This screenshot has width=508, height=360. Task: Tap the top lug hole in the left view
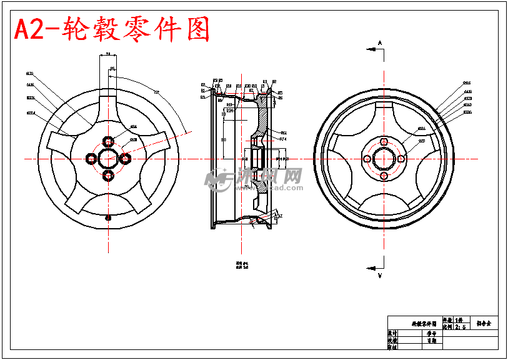click(x=107, y=140)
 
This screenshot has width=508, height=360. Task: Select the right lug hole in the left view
click(x=125, y=158)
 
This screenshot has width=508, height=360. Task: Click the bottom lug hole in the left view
click(x=107, y=176)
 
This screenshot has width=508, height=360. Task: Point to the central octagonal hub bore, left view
click(x=107, y=158)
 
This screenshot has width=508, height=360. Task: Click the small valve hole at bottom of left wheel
click(x=108, y=217)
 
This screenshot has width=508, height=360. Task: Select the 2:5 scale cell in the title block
click(x=460, y=326)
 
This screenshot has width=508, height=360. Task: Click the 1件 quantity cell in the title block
click(x=460, y=319)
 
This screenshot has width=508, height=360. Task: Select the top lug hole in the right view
click(x=382, y=142)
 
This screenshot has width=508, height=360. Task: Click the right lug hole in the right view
click(x=400, y=159)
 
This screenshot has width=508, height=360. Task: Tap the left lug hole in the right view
click(x=366, y=159)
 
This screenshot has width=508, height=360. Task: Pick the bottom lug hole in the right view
click(x=382, y=176)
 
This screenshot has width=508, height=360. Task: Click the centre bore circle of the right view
click(x=382, y=159)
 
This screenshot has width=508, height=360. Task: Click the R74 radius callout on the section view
click(x=282, y=139)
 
